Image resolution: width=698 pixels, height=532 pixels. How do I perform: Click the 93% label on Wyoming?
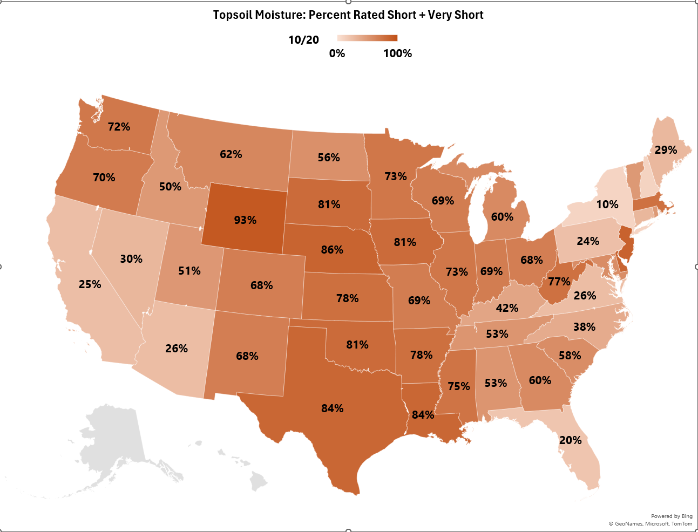click(245, 220)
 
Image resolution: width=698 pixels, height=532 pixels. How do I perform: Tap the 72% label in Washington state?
click(119, 127)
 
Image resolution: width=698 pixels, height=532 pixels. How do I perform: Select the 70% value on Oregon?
click(104, 178)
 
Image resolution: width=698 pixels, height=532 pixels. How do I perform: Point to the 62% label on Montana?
click(231, 154)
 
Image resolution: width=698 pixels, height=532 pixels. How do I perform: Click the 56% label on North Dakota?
click(329, 158)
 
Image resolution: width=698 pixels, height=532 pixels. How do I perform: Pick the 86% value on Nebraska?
click(332, 250)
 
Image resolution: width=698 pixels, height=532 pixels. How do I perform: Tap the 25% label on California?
click(90, 284)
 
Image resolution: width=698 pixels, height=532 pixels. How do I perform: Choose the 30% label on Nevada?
click(131, 259)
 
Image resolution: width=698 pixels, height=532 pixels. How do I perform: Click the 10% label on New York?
click(607, 204)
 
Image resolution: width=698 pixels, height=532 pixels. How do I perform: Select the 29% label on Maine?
click(666, 150)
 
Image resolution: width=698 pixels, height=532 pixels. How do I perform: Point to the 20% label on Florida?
click(571, 440)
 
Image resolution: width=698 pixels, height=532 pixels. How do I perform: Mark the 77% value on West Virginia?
click(559, 282)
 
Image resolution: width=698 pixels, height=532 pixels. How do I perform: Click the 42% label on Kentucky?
click(507, 308)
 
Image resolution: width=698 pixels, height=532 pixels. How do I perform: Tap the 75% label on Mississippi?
click(459, 386)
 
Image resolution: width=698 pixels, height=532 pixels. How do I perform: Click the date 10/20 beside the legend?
click(303, 40)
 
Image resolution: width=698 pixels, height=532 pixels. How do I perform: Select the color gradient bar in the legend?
click(367, 38)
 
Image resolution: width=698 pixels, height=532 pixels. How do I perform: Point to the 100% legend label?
click(398, 53)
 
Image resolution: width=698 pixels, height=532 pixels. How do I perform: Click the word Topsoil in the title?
click(233, 15)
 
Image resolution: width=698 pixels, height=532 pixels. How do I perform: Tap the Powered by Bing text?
click(672, 516)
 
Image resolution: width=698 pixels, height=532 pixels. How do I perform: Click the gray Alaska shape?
click(116, 437)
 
